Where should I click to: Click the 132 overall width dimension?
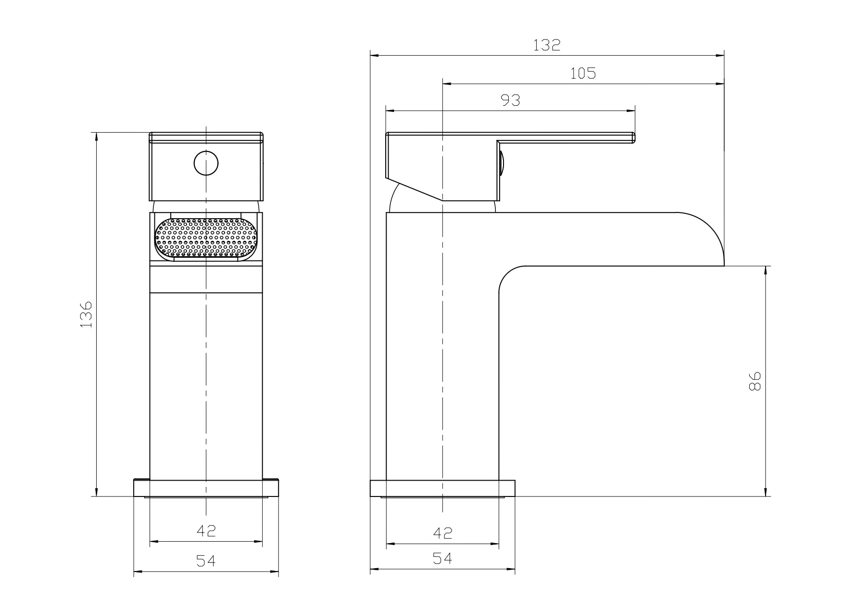pyautogui.click(x=547, y=45)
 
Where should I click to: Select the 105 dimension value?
pyautogui.click(x=583, y=74)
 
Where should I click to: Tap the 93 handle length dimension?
pyautogui.click(x=511, y=100)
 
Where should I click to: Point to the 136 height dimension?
pyautogui.click(x=86, y=315)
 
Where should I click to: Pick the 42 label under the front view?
pyautogui.click(x=206, y=531)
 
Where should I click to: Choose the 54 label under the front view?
pyautogui.click(x=206, y=560)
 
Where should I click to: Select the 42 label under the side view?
pyautogui.click(x=443, y=533)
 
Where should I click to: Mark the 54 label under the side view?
pyautogui.click(x=442, y=558)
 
